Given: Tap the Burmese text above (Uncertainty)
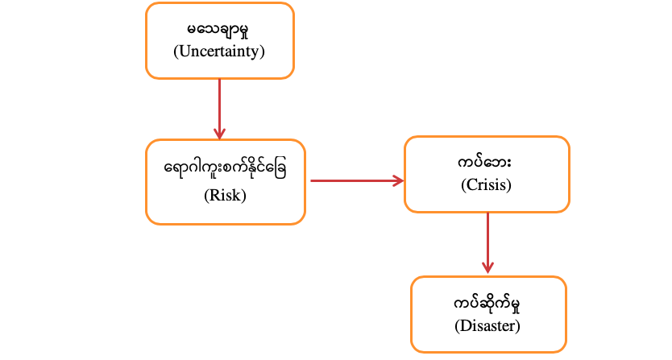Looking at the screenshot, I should (219, 31).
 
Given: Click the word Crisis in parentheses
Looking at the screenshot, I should (487, 185).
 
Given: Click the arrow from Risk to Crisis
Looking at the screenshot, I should (355, 180).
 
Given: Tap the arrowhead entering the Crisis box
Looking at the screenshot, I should (398, 180).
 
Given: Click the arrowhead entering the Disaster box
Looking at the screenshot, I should (487, 268).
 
